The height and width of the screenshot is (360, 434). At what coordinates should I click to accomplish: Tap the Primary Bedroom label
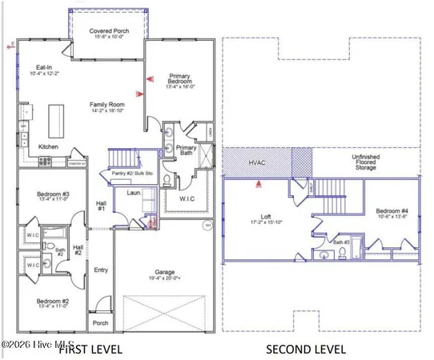[179, 80]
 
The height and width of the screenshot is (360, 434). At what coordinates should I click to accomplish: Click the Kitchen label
[50, 148]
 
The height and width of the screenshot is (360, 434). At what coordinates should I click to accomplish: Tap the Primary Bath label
[187, 150]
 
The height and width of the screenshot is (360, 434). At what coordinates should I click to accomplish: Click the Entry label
[101, 270]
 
